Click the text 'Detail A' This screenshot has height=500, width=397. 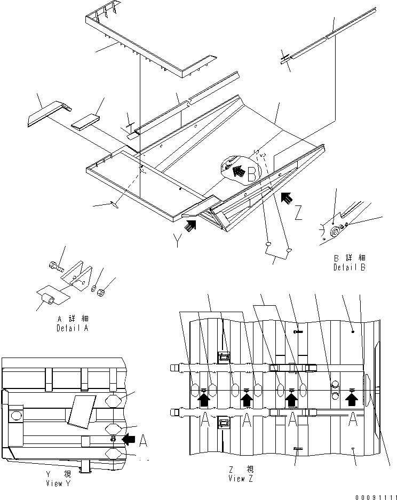pos(72,329)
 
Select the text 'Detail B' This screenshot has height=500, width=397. pos(350,267)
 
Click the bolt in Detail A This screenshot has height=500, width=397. pos(55,265)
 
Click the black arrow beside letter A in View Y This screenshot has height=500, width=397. pos(129,439)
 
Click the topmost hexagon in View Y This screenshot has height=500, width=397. pos(117,401)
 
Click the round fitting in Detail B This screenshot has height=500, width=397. pos(337,232)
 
